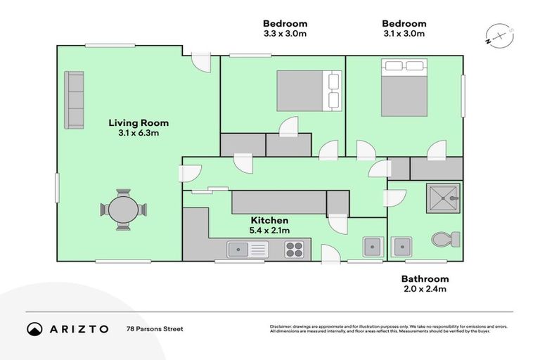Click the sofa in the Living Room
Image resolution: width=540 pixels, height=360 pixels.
click(74, 100)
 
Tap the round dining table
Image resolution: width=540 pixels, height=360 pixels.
click(123, 210)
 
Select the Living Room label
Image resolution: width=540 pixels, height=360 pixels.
click(139, 123)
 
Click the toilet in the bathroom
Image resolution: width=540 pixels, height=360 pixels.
click(446, 240)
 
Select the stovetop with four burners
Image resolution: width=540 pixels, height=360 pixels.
click(293, 248)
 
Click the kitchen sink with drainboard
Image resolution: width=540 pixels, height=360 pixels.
click(247, 248)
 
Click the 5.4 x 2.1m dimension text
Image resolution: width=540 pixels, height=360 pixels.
click(269, 230)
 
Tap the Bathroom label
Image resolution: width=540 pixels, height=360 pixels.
click(425, 278)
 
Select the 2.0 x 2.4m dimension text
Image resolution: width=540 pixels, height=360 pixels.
click(425, 288)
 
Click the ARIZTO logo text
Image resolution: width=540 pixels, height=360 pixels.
click(78, 328)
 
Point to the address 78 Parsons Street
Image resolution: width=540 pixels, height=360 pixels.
click(155, 328)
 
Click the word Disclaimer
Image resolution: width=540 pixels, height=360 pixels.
click(282, 326)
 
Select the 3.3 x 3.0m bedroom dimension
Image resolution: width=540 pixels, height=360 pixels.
click(284, 33)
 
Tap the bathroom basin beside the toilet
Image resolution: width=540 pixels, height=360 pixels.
click(402, 247)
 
